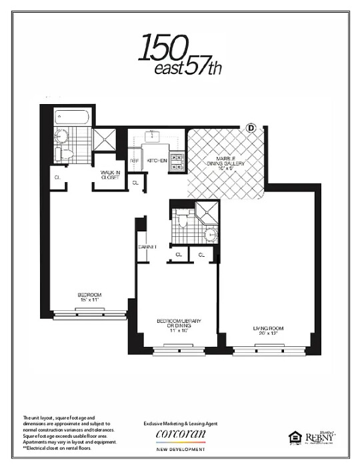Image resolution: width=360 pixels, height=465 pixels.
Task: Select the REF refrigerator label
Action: [133, 161]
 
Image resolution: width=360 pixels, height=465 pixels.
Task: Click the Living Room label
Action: [269, 329]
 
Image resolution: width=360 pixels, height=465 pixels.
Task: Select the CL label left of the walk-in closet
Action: [58, 177]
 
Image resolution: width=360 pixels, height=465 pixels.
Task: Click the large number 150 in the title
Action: [161, 46]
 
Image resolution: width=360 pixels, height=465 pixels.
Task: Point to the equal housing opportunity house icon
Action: [293, 437]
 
